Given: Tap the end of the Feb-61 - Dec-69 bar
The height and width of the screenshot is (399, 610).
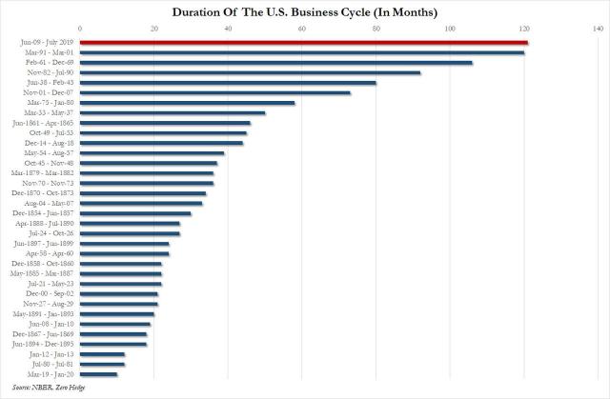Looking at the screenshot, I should (471, 63).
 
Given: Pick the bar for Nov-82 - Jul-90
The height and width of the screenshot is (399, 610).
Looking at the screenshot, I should (250, 72).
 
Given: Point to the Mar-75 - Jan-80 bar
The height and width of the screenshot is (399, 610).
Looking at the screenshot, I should (187, 103).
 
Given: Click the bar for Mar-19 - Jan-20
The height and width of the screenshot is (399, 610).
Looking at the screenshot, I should (98, 373).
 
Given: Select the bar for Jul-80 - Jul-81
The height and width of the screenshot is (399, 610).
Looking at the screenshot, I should (102, 364).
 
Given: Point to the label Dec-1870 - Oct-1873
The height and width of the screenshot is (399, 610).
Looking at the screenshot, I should (43, 192).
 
